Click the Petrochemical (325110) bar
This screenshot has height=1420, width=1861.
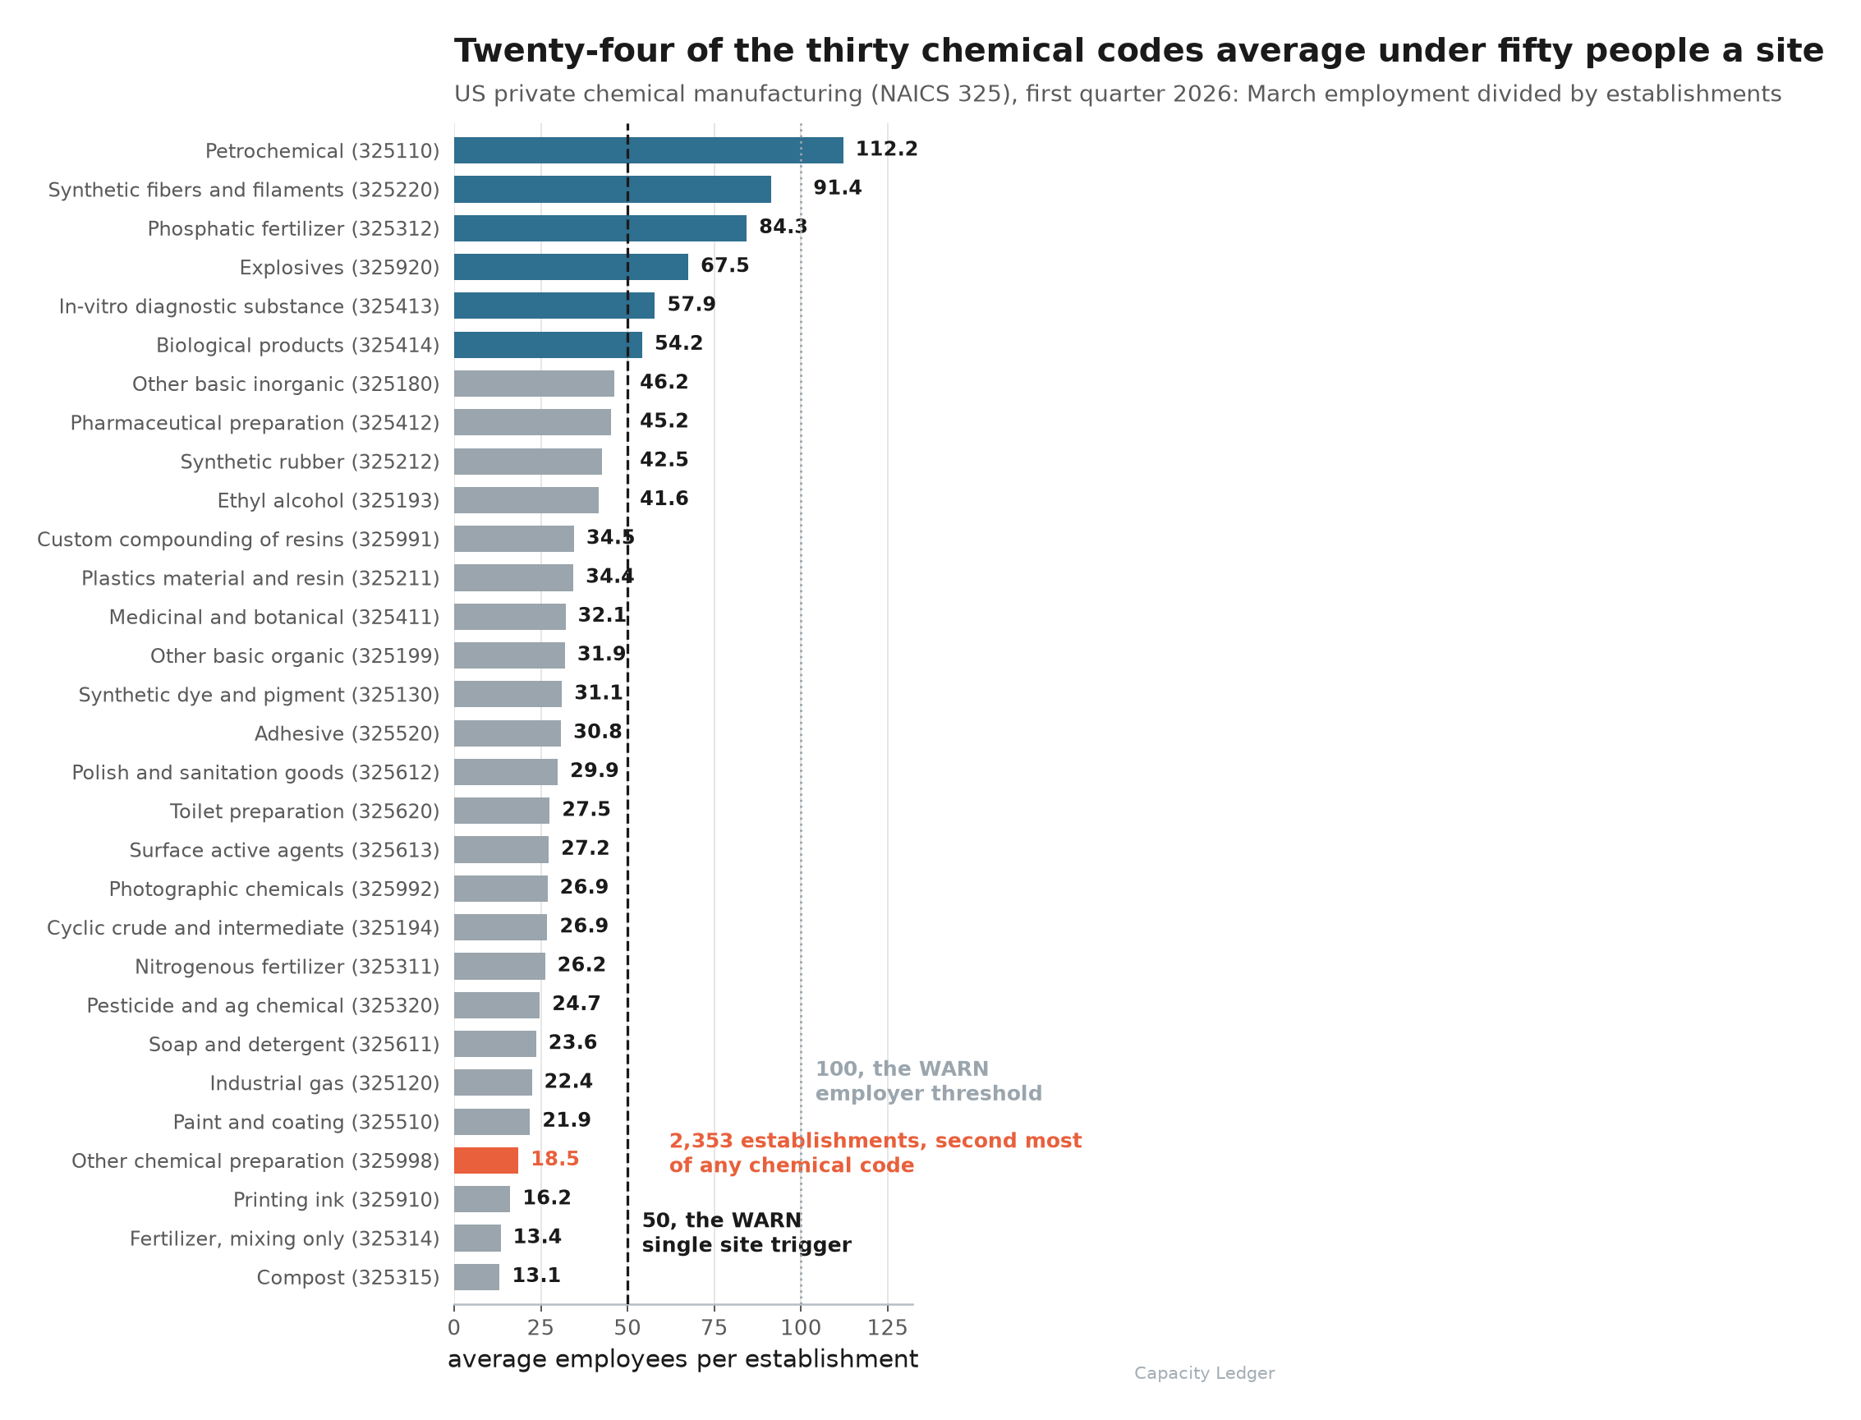(x=648, y=150)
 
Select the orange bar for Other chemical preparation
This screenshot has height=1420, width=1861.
(x=486, y=1160)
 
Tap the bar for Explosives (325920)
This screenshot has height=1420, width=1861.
(x=571, y=267)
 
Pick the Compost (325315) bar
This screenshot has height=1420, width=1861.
(x=476, y=1277)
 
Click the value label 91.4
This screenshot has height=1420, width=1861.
(x=838, y=187)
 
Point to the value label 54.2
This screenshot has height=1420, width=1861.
(x=678, y=343)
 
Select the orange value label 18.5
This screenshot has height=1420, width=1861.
(x=554, y=1159)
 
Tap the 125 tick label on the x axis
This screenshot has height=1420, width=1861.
(x=888, y=1328)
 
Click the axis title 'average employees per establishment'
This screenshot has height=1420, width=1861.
(x=682, y=1360)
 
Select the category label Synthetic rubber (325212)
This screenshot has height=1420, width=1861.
(x=310, y=462)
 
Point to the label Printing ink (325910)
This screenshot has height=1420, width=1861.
(x=337, y=1200)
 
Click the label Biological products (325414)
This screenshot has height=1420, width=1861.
(x=298, y=346)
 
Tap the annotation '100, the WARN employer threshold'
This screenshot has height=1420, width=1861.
(x=929, y=1081)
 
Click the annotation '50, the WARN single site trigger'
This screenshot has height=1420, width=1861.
(x=747, y=1233)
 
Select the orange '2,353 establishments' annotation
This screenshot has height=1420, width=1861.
(x=875, y=1153)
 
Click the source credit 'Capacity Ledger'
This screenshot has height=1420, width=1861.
(x=1204, y=1373)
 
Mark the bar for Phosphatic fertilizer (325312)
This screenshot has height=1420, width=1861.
(x=600, y=228)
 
